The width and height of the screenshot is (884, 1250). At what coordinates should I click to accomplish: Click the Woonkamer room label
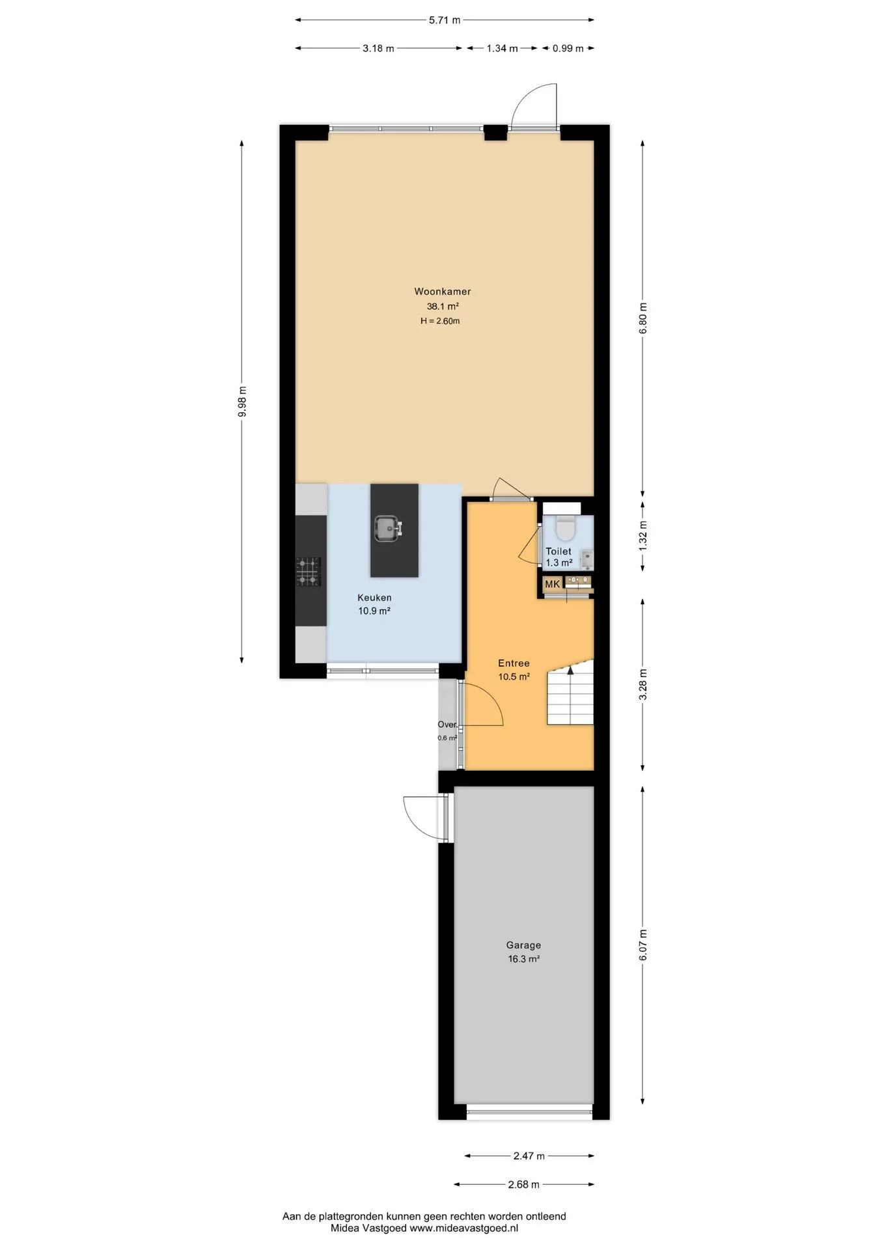(x=443, y=292)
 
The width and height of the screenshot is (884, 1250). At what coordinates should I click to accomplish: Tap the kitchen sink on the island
(x=389, y=528)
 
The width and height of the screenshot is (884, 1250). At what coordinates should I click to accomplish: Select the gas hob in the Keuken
(x=309, y=571)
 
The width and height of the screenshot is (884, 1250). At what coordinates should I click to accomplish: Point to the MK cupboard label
(x=552, y=584)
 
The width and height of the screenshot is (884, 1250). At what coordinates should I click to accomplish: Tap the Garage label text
(x=523, y=945)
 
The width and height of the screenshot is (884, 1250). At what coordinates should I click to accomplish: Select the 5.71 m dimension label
(x=445, y=20)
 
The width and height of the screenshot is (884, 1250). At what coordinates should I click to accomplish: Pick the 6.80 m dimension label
(x=643, y=318)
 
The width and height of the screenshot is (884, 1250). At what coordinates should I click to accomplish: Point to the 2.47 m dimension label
(x=529, y=1156)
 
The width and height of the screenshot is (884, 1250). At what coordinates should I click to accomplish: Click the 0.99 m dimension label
(x=568, y=48)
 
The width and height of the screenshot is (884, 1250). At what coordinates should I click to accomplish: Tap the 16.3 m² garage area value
(x=523, y=959)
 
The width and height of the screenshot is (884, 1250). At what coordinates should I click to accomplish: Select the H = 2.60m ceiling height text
(x=440, y=321)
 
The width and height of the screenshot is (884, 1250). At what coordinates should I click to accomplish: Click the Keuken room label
(x=374, y=598)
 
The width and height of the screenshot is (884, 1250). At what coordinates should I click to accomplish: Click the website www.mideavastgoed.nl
(x=463, y=1229)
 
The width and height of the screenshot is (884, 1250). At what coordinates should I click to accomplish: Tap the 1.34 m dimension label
(x=502, y=48)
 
